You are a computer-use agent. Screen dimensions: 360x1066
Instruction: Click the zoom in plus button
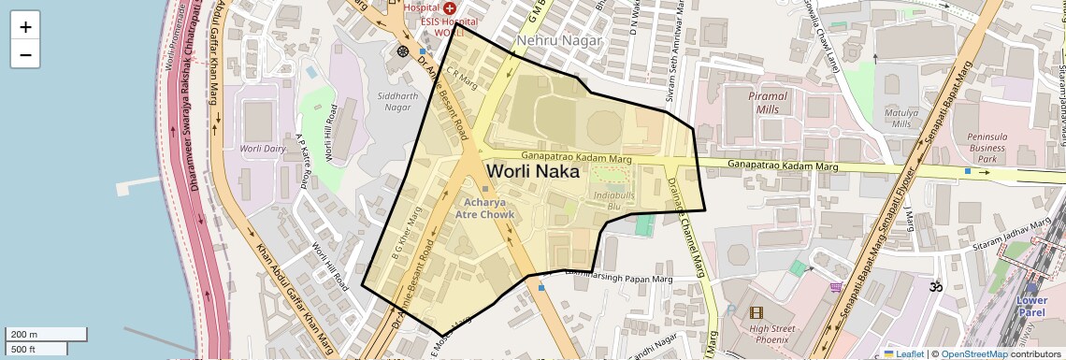(25, 26)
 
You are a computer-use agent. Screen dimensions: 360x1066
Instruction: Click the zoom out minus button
(25, 54)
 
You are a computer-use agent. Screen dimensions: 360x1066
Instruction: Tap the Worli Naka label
(532, 172)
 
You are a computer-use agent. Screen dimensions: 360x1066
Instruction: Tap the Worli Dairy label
(262, 149)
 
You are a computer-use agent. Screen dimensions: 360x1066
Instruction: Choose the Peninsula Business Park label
(987, 148)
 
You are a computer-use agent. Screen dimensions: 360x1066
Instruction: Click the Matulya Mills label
(901, 118)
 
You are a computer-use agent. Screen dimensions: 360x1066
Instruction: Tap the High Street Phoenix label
(771, 334)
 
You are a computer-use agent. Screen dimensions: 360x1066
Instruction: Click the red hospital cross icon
(450, 7)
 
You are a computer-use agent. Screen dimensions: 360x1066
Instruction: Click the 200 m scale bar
(46, 334)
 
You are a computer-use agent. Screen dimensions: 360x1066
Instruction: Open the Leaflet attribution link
(903, 354)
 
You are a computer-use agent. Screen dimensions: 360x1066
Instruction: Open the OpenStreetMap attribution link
(973, 354)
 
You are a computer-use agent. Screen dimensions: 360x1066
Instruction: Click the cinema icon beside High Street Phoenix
(756, 313)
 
